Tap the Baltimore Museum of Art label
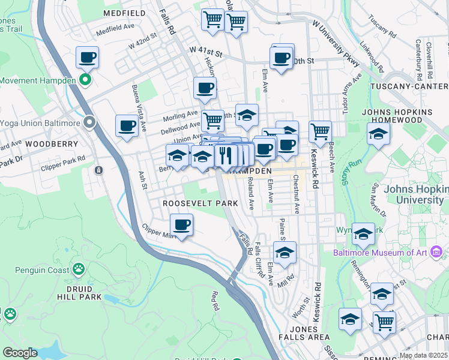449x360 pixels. click(x=380, y=253)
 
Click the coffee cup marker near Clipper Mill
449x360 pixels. click(x=181, y=226)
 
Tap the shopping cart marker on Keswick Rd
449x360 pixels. click(x=320, y=130)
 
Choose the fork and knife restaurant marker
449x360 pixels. click(x=226, y=155)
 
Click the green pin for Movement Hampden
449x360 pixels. click(x=85, y=79)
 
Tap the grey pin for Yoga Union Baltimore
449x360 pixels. click(x=90, y=123)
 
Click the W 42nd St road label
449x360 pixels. click(x=142, y=40)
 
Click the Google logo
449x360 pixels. click(x=20, y=353)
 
